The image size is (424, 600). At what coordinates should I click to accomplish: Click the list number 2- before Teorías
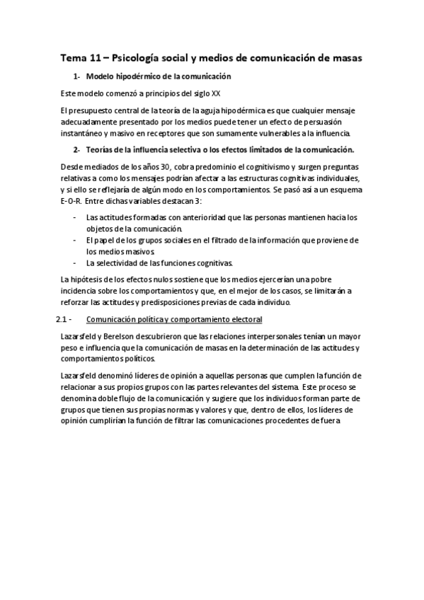pos(76,150)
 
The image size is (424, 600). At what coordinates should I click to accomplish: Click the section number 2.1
pos(62,320)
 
